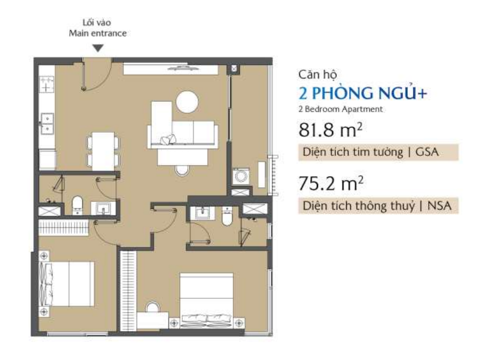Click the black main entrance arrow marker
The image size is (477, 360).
(98, 48)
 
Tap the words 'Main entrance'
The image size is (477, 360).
(98, 33)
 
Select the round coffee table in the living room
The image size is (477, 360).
(187, 102)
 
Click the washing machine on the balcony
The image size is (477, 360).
(241, 176)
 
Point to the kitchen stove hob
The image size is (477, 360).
(47, 84)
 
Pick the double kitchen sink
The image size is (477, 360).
(47, 123)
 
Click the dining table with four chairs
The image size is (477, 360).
(103, 151)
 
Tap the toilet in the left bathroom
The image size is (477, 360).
(77, 205)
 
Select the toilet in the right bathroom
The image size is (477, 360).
(227, 216)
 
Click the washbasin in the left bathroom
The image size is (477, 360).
(103, 209)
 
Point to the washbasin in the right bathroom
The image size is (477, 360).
(201, 213)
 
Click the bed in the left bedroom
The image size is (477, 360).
(66, 284)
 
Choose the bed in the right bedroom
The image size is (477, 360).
(206, 300)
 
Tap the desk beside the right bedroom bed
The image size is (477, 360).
(153, 320)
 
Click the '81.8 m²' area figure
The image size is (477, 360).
(330, 130)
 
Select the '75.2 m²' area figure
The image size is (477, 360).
(330, 184)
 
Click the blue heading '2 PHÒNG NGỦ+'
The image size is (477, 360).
(363, 93)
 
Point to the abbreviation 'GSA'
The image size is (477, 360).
(427, 151)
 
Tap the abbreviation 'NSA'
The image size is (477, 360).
(439, 206)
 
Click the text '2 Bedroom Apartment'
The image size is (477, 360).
(340, 109)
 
